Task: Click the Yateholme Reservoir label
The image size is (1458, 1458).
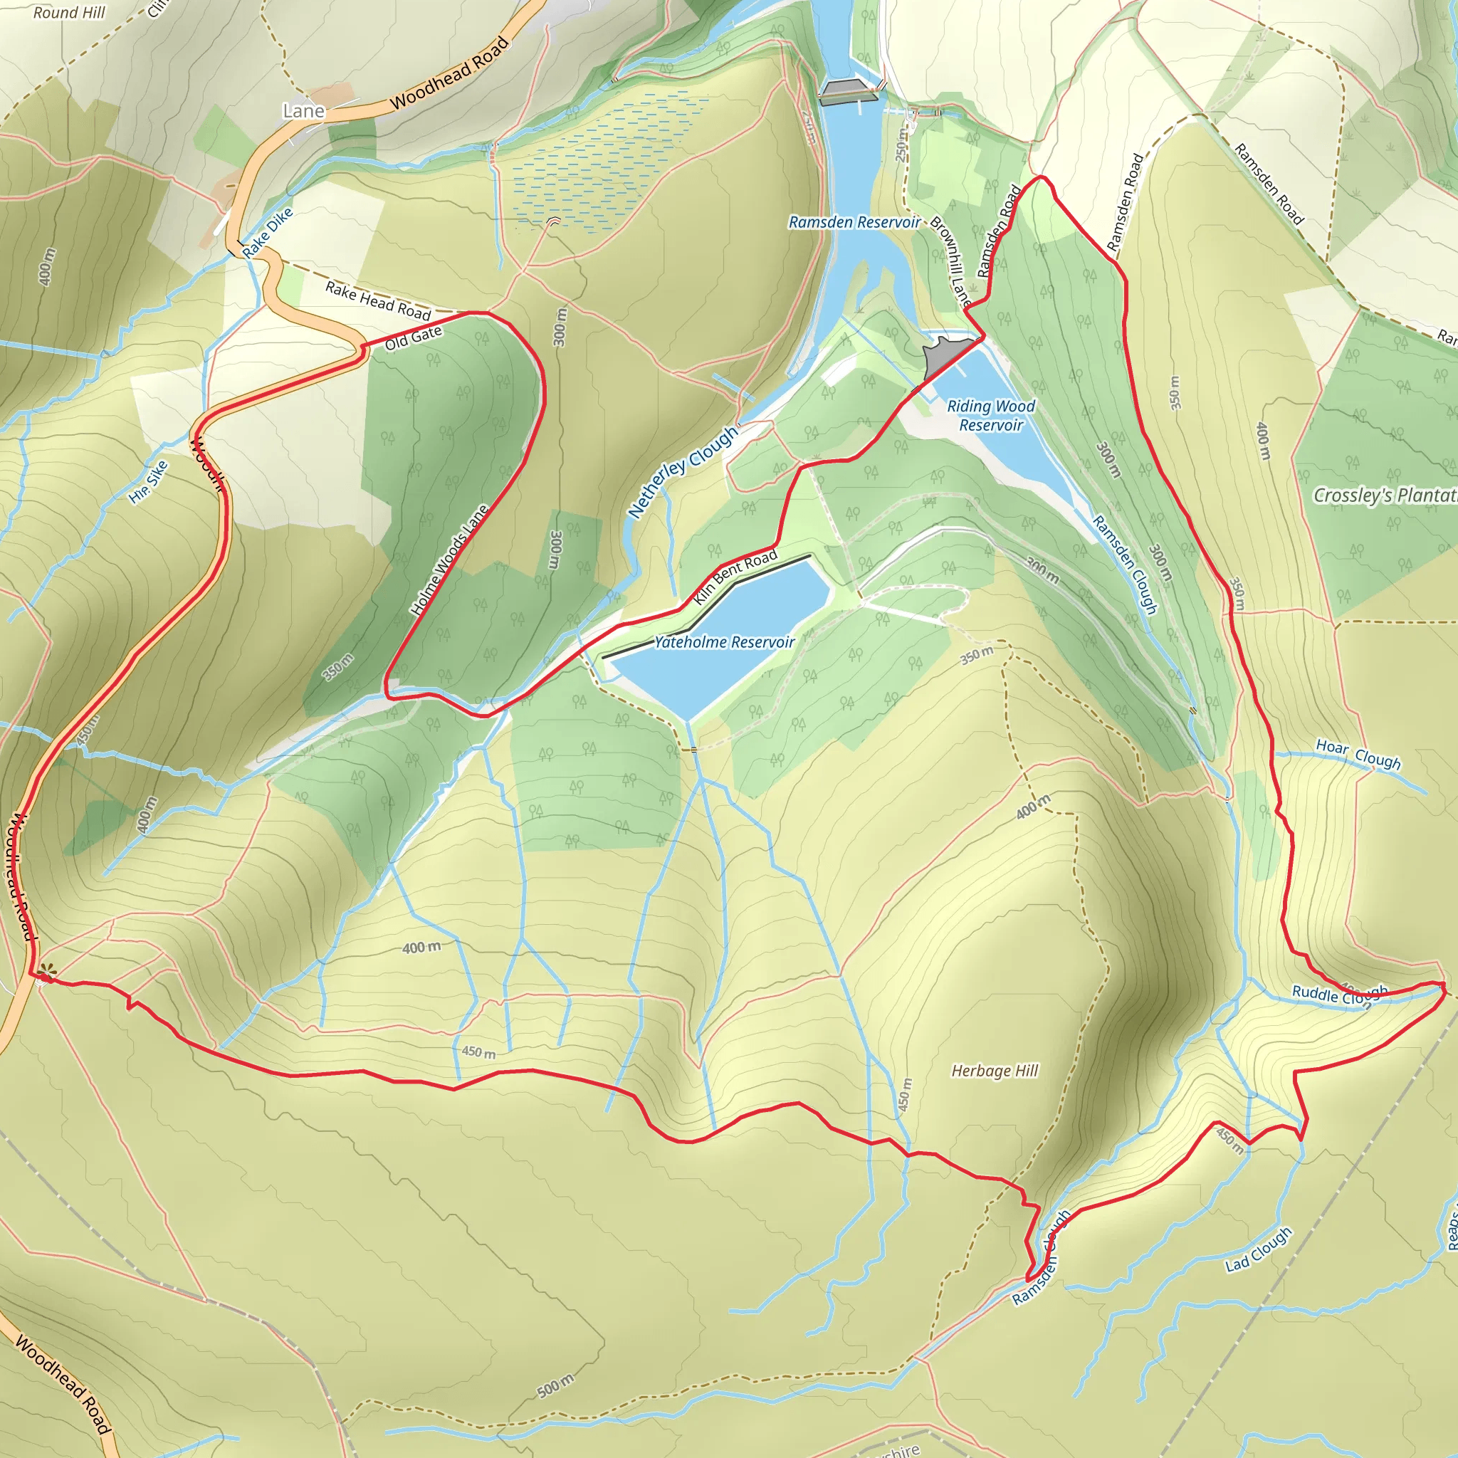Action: coord(724,642)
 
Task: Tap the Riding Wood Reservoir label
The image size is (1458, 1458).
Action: coord(990,416)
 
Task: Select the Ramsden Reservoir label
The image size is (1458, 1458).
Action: coord(854,222)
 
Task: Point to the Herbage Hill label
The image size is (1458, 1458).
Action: coord(995,1071)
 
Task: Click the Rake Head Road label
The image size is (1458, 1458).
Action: coord(377,300)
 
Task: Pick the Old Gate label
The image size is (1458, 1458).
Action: coord(413,338)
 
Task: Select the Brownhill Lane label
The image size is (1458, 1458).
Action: coord(950,261)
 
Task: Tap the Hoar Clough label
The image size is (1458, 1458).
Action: coord(1358,753)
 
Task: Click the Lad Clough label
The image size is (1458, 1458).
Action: coord(1258,1249)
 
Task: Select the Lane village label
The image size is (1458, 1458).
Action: coord(303,111)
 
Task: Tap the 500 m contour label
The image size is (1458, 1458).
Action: coord(555,1385)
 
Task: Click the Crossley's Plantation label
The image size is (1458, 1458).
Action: coord(1385,495)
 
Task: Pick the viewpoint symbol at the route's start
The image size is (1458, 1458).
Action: coord(47,972)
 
